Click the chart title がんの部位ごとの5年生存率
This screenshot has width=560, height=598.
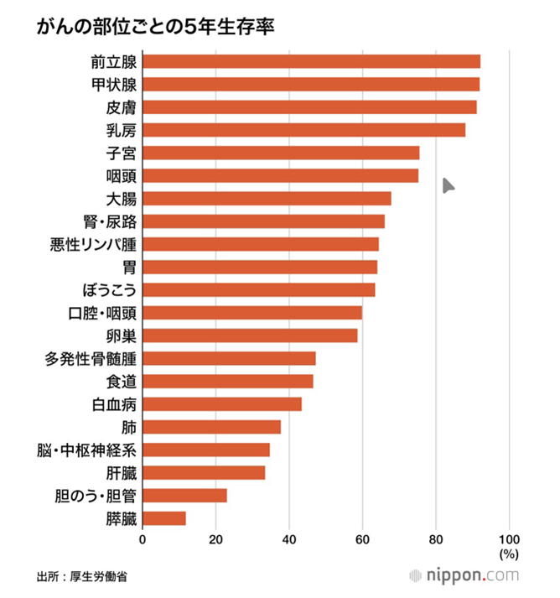(156, 27)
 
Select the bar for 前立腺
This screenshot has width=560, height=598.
(311, 61)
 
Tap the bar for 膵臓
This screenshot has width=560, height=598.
(164, 517)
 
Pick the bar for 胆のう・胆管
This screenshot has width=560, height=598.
(184, 495)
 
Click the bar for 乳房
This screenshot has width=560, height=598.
(303, 130)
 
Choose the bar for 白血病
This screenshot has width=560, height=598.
(222, 404)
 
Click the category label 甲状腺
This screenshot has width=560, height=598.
(114, 85)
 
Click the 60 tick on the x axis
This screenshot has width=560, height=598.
(362, 538)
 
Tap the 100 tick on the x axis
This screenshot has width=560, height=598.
(509, 538)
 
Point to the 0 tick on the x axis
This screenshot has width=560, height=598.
(143, 538)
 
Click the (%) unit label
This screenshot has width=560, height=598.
(509, 554)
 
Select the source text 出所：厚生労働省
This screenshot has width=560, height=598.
(82, 577)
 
